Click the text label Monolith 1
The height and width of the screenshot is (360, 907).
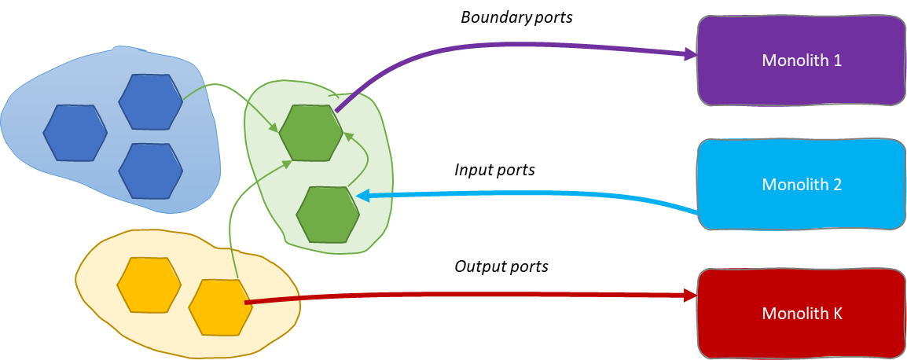pyautogui.click(x=802, y=60)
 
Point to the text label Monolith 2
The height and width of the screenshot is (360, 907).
pyautogui.click(x=802, y=185)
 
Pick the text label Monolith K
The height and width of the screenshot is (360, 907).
pyautogui.click(x=802, y=314)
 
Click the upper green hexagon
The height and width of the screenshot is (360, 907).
pyautogui.click(x=311, y=133)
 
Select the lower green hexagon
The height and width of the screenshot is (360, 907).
pyautogui.click(x=329, y=215)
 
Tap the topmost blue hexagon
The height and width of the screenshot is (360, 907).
pyautogui.click(x=151, y=101)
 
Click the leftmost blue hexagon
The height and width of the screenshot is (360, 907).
pyautogui.click(x=75, y=133)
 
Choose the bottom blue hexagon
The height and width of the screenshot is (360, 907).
pyautogui.click(x=151, y=171)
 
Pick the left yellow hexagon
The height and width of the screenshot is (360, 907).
pyautogui.click(x=149, y=284)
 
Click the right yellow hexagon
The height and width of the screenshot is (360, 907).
pyautogui.click(x=221, y=306)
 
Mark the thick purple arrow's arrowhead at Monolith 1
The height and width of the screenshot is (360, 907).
pyautogui.click(x=691, y=54)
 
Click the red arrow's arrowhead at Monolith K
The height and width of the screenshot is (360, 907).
pyautogui.click(x=692, y=296)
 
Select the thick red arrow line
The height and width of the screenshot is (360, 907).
pyautogui.click(x=472, y=296)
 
